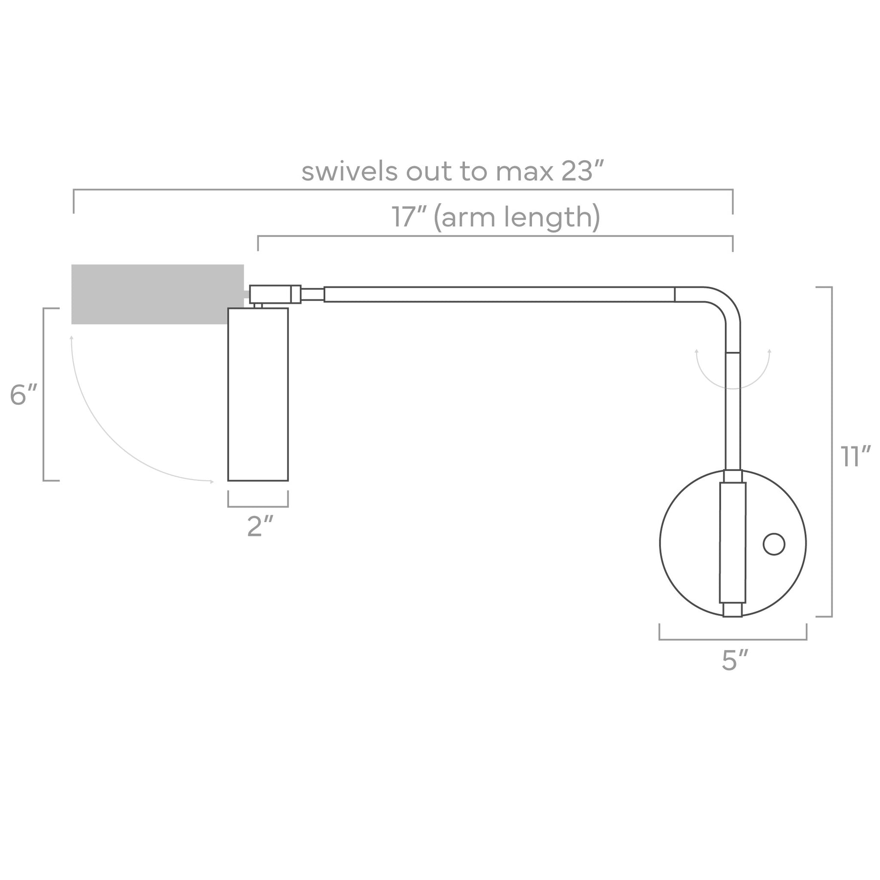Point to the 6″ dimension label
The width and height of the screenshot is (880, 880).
point(23,395)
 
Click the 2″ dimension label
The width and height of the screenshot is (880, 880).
point(260,527)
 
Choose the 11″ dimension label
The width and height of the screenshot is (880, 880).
point(856,456)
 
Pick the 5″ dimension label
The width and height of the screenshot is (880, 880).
point(735,660)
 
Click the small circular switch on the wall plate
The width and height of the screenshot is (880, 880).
point(774,544)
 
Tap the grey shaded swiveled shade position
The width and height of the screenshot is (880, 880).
point(157,294)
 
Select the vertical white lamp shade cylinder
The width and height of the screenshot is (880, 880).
point(258,394)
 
